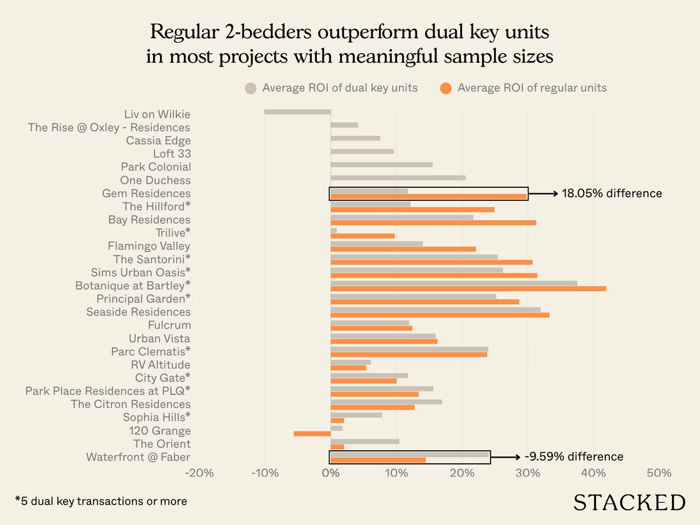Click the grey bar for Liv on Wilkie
click(x=297, y=112)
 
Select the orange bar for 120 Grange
click(x=312, y=434)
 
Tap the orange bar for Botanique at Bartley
click(x=468, y=289)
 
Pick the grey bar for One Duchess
click(x=398, y=178)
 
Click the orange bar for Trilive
click(x=363, y=236)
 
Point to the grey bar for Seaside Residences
click(x=435, y=309)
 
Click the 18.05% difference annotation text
click(x=611, y=193)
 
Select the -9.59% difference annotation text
click(x=574, y=456)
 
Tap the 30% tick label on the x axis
click(x=528, y=473)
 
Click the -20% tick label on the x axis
click(x=199, y=473)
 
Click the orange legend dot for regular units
click(x=446, y=88)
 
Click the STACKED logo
click(x=629, y=503)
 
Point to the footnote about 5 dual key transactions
click(x=101, y=501)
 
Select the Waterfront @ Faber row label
click(x=138, y=457)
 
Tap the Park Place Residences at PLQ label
click(x=108, y=391)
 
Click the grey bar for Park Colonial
click(x=381, y=165)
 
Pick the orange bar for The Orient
click(x=337, y=447)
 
